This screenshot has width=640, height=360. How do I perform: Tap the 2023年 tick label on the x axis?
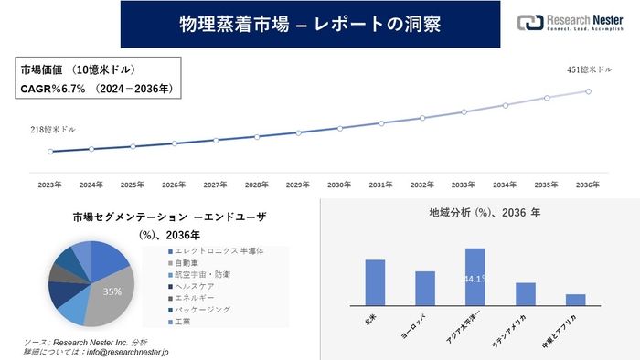pos(50,185)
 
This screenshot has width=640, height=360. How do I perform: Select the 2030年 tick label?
pos(339,185)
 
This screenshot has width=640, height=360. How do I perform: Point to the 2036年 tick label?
pos(588,185)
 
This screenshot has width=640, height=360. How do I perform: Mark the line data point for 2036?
pos(588,90)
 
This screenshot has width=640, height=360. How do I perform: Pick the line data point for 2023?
pos(50,151)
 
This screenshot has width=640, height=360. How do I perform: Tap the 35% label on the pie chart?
pos(112,291)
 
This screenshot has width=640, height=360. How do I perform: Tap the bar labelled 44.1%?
pos(475,276)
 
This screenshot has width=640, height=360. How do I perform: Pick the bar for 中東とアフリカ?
pos(575,299)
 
